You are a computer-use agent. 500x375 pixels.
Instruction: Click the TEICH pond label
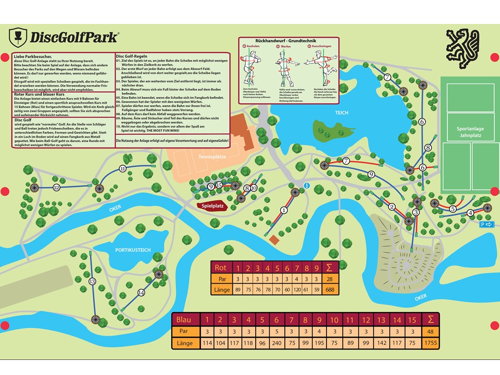pyautogui.click(x=342, y=112)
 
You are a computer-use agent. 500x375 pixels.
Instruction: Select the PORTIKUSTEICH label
pyautogui.click(x=133, y=250)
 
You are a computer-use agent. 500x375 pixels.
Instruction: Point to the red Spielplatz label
pyautogui.click(x=213, y=206)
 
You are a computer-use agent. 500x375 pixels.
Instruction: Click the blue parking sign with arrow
pyautogui.click(x=487, y=224)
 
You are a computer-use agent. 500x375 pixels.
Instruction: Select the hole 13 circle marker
pyautogui.click(x=92, y=281)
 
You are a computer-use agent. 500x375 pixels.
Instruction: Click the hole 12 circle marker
pyautogui.click(x=56, y=187)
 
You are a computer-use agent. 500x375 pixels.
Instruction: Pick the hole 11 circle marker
pyautogui.click(x=123, y=169)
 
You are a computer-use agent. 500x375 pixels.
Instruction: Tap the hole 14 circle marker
pyautogui.click(x=141, y=293)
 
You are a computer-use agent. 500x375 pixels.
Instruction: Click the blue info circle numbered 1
pyautogui.click(x=306, y=185)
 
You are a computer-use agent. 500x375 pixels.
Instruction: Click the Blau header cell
pyautogui.click(x=185, y=319)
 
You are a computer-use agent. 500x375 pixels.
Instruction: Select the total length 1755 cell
pyautogui.click(x=430, y=343)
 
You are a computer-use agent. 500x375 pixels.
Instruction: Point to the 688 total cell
pyautogui.click(x=330, y=290)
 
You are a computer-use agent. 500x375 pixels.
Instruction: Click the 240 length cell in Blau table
pyautogui.click(x=277, y=343)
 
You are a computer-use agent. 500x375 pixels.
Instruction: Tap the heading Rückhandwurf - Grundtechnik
pyautogui.click(x=288, y=40)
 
